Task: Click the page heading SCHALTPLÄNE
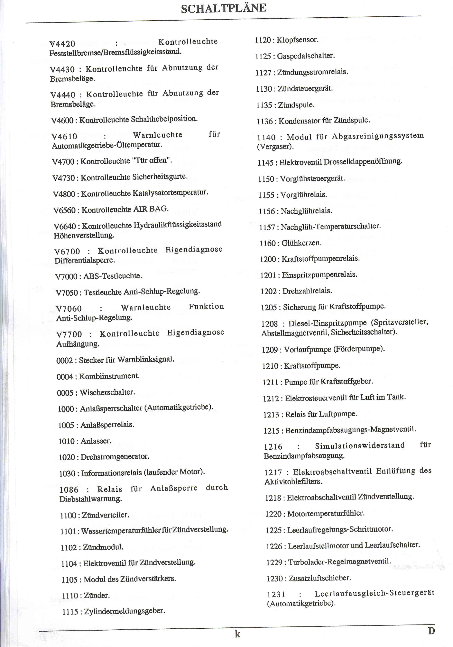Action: (x=224, y=8)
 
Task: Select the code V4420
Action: (x=62, y=44)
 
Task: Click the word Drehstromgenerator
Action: (x=115, y=456)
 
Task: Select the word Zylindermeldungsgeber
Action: (x=124, y=611)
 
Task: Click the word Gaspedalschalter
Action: (x=306, y=56)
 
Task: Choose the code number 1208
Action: (x=270, y=324)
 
